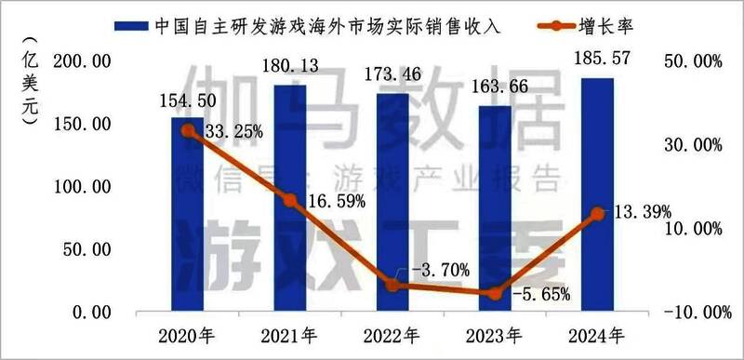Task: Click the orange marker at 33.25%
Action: tap(188, 131)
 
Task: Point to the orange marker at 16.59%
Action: tap(290, 201)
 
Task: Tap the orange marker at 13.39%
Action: tap(598, 214)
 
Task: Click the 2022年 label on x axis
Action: tap(392, 335)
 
